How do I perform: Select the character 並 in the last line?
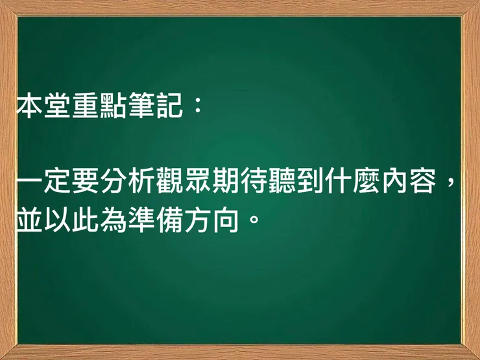click(29, 219)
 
